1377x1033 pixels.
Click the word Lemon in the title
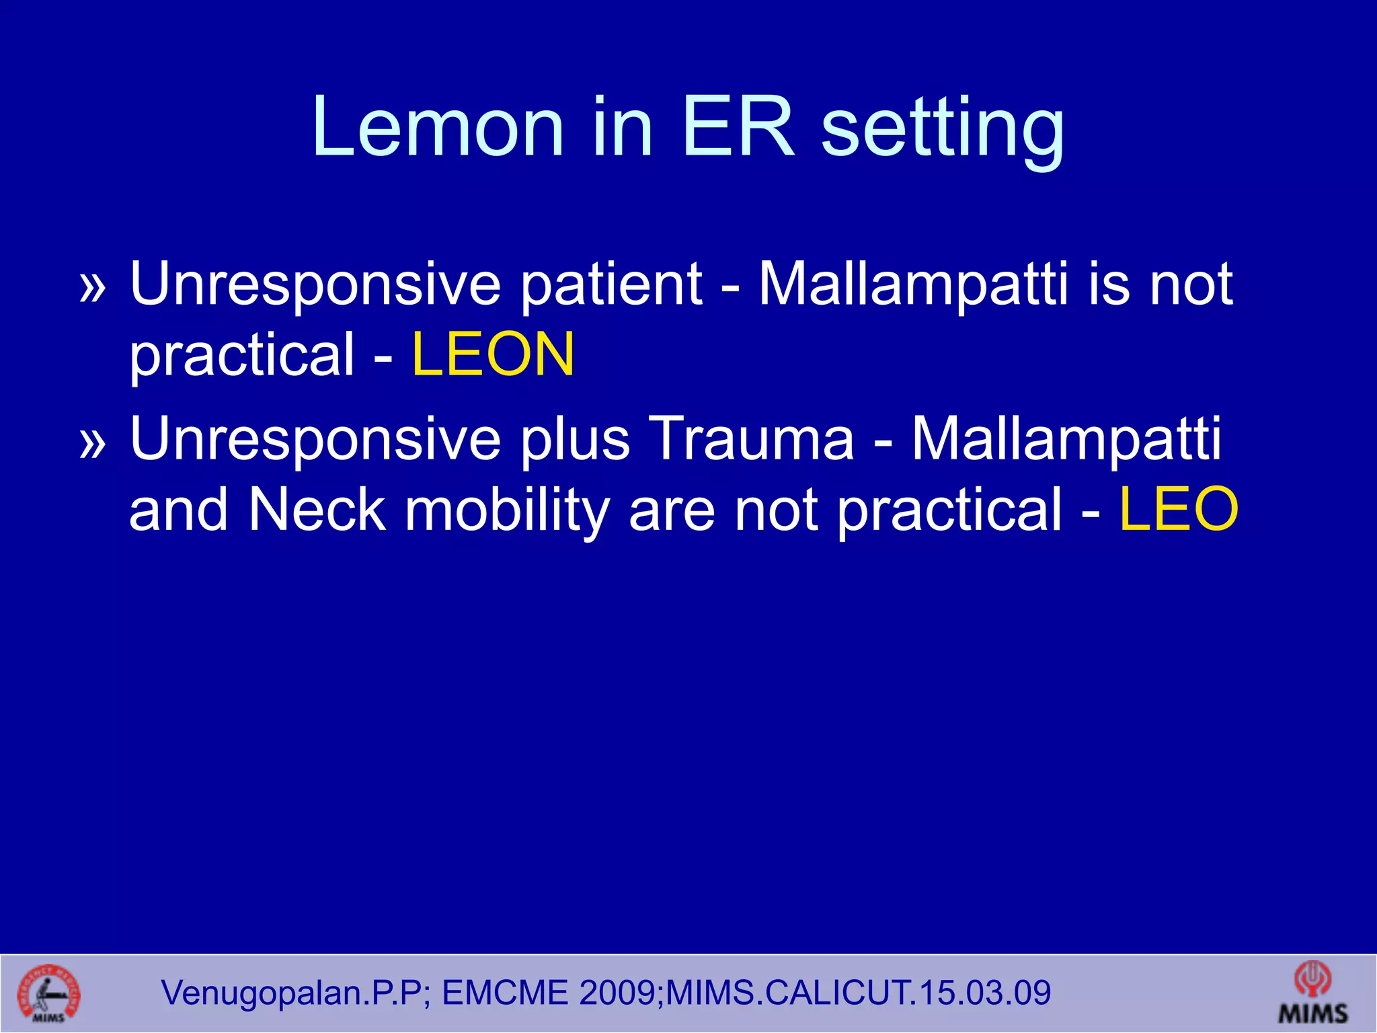tap(437, 128)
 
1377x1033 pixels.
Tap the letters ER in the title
tap(738, 128)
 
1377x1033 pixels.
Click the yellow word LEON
tap(493, 354)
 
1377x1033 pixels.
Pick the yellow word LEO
tap(1178, 510)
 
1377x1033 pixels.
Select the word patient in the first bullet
tap(611, 285)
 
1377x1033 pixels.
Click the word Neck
tap(317, 510)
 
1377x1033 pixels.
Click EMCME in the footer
tap(505, 993)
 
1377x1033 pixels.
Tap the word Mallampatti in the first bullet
tap(912, 285)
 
